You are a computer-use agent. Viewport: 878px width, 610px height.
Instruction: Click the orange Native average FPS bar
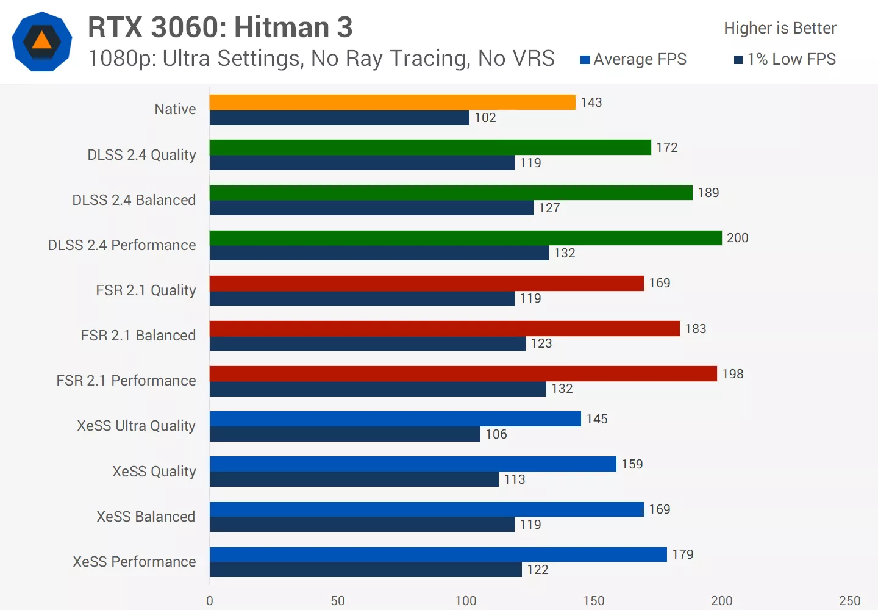click(392, 102)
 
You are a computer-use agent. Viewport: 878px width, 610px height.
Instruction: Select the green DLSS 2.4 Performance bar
click(465, 238)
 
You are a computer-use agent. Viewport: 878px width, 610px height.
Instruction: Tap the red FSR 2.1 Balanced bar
click(444, 329)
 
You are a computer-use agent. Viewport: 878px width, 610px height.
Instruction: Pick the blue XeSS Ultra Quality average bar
click(395, 419)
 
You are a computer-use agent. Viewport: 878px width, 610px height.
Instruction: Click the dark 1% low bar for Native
click(339, 118)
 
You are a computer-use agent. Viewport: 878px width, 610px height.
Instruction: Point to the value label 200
click(737, 238)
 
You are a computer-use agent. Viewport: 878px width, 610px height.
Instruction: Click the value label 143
click(591, 102)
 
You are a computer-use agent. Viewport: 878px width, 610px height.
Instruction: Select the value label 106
click(496, 434)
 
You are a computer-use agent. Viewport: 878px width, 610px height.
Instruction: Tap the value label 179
click(683, 554)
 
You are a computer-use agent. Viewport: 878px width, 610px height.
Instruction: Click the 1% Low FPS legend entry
click(785, 59)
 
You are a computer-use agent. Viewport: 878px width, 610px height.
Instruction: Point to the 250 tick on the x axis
click(849, 601)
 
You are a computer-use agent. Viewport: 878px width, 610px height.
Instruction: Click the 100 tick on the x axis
click(466, 601)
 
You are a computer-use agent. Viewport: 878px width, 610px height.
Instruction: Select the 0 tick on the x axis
click(210, 601)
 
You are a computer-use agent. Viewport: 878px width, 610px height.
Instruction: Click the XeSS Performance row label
click(134, 562)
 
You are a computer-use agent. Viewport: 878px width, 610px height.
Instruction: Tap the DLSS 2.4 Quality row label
click(141, 155)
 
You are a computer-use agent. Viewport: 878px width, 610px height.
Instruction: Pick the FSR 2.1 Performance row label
click(126, 381)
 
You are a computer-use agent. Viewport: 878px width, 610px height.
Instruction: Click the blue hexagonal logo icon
click(42, 41)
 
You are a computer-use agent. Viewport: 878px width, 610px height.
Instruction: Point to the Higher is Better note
click(780, 28)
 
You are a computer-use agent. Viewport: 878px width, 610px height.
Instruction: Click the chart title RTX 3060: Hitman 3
click(220, 27)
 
